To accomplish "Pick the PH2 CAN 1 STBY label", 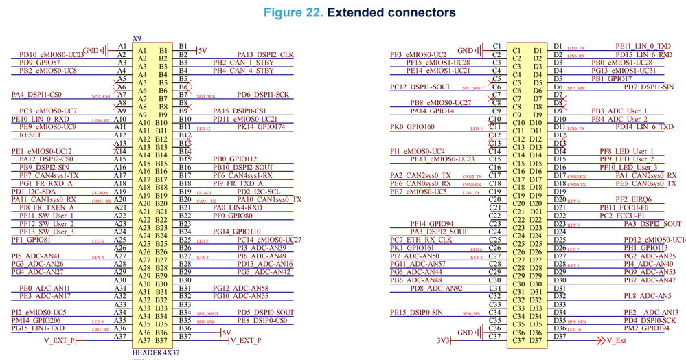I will click(244, 62).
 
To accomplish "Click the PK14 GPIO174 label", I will click(262, 126).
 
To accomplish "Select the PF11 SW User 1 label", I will click(47, 215).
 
